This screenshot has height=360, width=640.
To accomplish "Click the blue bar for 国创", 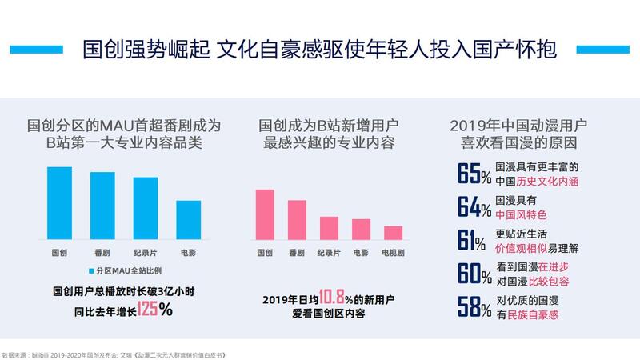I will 59,203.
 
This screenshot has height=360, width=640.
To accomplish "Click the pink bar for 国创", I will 264,214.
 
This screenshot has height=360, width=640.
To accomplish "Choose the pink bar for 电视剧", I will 393,233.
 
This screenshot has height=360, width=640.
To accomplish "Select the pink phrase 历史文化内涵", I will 549,182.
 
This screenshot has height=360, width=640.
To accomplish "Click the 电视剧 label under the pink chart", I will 393,252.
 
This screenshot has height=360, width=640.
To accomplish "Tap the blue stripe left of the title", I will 37,46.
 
